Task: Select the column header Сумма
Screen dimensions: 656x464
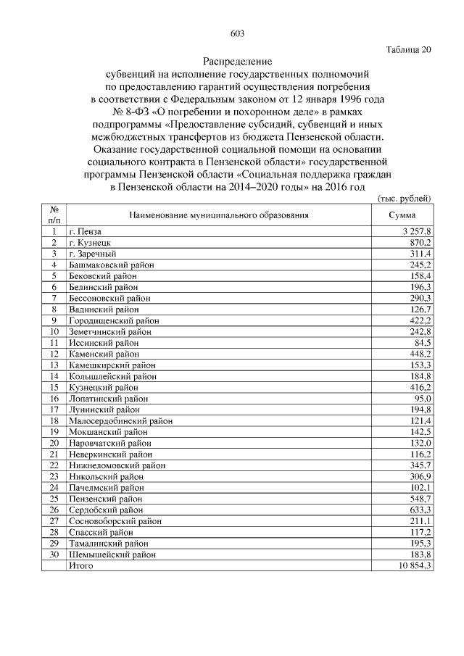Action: tap(402, 215)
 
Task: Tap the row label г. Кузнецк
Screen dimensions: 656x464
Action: tap(90, 242)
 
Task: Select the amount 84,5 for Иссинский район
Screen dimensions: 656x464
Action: tap(422, 343)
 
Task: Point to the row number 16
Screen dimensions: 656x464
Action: tap(54, 399)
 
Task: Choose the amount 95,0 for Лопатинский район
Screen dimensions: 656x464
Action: tap(423, 399)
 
